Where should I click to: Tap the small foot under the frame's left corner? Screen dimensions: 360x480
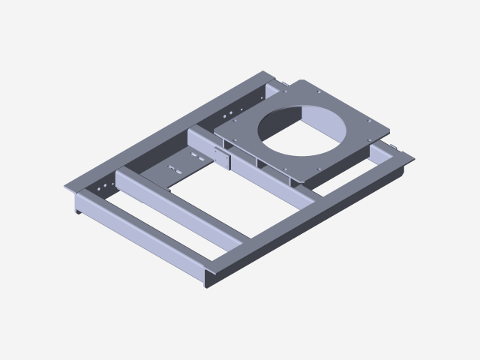(78, 210)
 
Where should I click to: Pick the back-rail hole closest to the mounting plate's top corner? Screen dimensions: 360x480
(265, 91)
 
